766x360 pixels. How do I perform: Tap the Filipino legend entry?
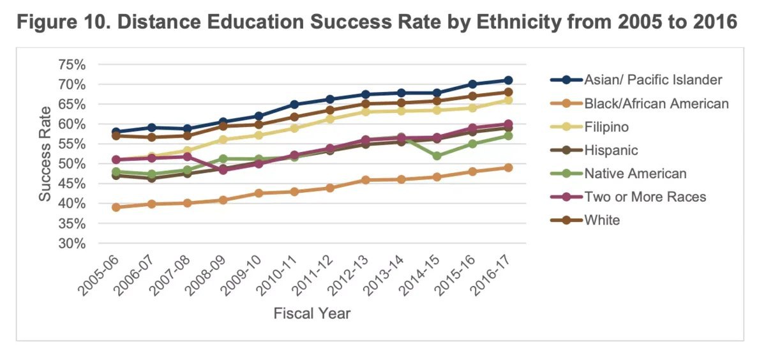click(x=606, y=127)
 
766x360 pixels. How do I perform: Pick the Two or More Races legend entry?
click(x=645, y=197)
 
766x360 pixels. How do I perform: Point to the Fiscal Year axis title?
click(x=312, y=314)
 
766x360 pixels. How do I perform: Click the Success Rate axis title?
click(x=45, y=154)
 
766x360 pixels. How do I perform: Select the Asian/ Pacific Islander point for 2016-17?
click(x=508, y=80)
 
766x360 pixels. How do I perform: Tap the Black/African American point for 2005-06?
click(x=116, y=207)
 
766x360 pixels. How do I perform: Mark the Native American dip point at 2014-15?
click(x=437, y=156)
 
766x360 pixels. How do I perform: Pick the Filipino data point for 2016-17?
click(x=508, y=100)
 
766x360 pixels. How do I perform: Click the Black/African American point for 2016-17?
click(x=508, y=168)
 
